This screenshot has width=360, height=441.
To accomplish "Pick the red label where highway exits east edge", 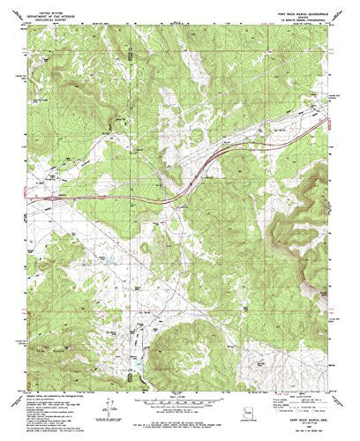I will coord(338,132).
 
